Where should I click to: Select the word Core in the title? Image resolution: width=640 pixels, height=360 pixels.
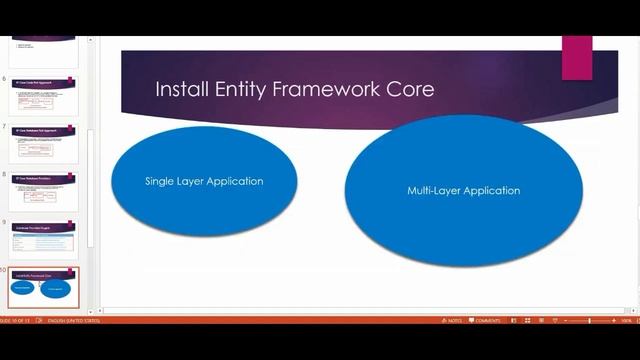coord(411,89)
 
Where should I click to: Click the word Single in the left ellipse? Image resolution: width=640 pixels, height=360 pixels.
coord(161,181)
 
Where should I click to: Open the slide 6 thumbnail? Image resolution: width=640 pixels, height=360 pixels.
coord(44,95)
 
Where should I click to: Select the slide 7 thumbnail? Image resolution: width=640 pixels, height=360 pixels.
coord(44,143)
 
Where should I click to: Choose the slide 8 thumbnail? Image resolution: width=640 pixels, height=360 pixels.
coord(44,190)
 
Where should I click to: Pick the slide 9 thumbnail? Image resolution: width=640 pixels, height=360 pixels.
coord(44,238)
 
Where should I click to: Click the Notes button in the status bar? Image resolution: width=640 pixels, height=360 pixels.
coord(453,320)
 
